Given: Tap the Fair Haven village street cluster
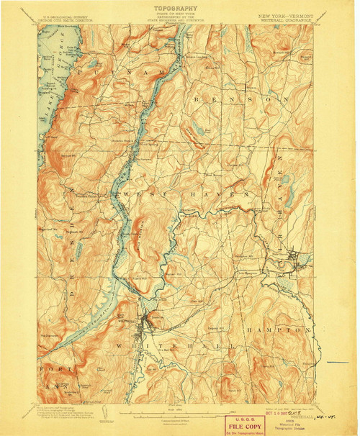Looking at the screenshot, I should click(292, 256).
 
